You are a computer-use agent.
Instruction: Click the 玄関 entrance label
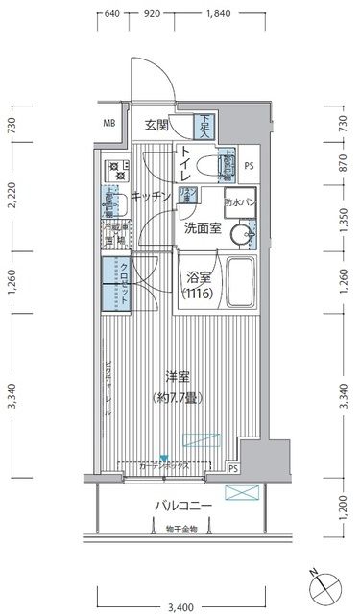click(x=157, y=124)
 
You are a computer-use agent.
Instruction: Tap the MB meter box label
click(x=110, y=124)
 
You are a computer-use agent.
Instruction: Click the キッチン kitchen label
click(x=151, y=196)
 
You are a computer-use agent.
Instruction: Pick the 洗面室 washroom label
click(x=203, y=229)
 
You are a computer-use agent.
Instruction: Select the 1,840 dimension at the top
click(x=219, y=14)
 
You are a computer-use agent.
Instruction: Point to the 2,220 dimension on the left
click(x=11, y=196)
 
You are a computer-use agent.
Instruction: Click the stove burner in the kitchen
click(x=117, y=171)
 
